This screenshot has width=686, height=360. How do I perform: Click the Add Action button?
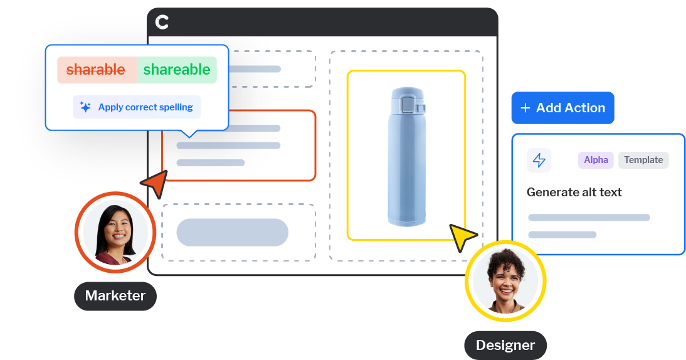tap(562, 108)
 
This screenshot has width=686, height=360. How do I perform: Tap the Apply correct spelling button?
tap(137, 107)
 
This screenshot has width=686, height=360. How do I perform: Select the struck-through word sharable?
tap(96, 70)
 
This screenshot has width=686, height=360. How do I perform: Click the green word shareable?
tap(177, 70)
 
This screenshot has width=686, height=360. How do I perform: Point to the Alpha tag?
tap(596, 160)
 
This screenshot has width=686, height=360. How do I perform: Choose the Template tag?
tap(643, 160)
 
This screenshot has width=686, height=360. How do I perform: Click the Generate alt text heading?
tap(574, 192)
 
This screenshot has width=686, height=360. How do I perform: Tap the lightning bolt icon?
tap(539, 160)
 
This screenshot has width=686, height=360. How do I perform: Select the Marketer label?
tap(115, 296)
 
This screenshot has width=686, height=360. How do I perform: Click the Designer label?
tap(505, 346)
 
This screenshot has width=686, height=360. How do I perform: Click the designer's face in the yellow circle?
tap(506, 280)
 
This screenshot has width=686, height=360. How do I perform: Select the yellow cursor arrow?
tap(461, 236)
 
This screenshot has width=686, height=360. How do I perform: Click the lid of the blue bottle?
tap(408, 101)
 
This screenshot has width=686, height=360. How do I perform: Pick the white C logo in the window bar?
tap(162, 22)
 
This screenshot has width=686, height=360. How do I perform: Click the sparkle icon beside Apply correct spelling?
tap(85, 107)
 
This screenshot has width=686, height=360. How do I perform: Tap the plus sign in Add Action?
tap(525, 108)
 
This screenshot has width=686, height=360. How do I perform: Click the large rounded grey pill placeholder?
tap(232, 232)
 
